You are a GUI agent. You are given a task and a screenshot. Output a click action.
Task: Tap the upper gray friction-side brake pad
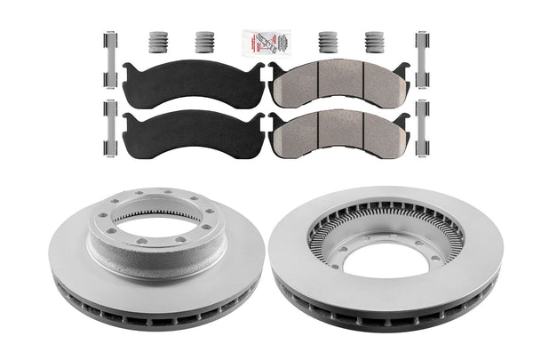point(338,81)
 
